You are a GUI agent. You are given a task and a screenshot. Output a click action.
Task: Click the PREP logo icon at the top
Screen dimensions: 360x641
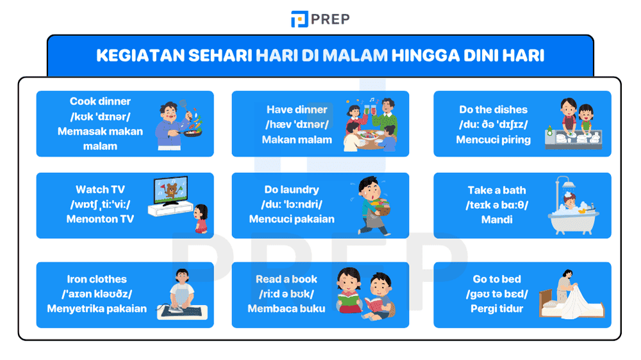[x=299, y=19]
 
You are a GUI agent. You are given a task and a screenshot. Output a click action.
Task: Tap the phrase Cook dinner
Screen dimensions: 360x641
[x=100, y=101]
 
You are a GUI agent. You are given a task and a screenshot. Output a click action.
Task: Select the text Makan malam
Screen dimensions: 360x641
[x=297, y=139]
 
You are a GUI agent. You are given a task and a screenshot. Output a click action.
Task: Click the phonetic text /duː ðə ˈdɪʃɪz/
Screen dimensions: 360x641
[x=494, y=124]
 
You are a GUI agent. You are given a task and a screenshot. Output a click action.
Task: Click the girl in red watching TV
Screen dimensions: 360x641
[x=201, y=220]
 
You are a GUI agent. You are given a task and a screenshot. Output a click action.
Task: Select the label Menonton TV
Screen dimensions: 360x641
[x=100, y=219]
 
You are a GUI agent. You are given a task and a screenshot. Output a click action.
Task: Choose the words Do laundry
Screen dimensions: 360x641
[x=292, y=190]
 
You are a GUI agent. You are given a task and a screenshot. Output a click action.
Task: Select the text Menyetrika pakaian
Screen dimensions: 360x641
[x=97, y=309]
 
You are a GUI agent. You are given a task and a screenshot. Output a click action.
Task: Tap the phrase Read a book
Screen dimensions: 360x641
[x=287, y=279]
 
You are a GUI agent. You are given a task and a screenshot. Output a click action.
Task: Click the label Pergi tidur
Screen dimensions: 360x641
[x=497, y=309]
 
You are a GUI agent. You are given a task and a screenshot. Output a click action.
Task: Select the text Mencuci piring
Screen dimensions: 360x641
[x=494, y=139]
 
